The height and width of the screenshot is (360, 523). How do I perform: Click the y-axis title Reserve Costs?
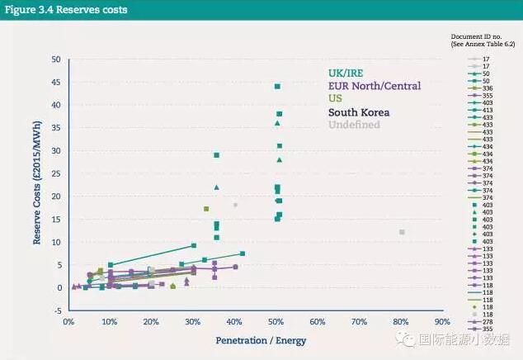pyautogui.click(x=37, y=186)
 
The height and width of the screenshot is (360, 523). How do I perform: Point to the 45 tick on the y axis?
pyautogui.click(x=56, y=83)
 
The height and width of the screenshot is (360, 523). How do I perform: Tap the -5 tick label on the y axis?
pyautogui.click(x=55, y=310)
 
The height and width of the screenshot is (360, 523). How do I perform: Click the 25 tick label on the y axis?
pyautogui.click(x=56, y=173)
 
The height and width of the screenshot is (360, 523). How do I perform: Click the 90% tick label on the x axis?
pyautogui.click(x=443, y=321)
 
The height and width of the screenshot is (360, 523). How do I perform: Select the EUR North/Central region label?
pyautogui.click(x=374, y=86)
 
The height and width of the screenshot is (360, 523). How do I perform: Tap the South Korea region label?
pyautogui.click(x=359, y=112)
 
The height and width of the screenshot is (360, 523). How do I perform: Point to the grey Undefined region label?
pyautogui.click(x=354, y=125)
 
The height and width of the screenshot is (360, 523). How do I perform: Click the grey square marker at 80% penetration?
pyautogui.click(x=402, y=232)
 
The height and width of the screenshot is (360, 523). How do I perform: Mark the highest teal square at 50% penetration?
pyautogui.click(x=277, y=86)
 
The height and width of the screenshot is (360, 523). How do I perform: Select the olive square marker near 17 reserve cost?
pyautogui.click(x=206, y=209)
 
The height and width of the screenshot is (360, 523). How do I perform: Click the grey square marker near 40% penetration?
pyautogui.click(x=235, y=205)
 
